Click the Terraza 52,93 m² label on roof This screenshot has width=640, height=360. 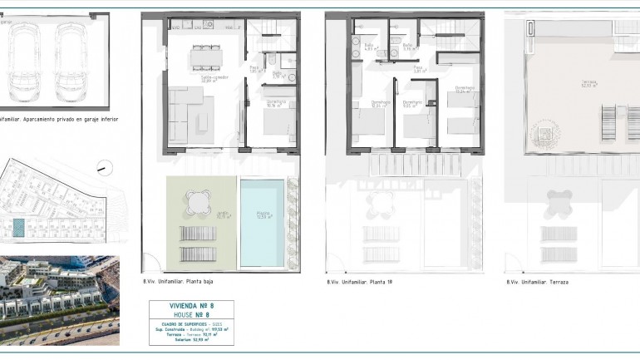566,85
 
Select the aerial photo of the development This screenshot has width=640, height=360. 60,300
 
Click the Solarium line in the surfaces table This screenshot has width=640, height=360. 191,339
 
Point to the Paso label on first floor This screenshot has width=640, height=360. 421,70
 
